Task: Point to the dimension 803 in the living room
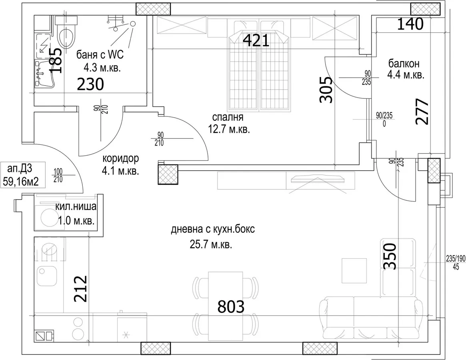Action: coord(231,307)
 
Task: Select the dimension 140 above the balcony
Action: coord(410,24)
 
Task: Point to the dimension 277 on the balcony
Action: coord(422,112)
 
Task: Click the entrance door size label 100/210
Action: coord(58,175)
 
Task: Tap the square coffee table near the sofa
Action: coord(354,270)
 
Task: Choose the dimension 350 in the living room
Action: coord(389,256)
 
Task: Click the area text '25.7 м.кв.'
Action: coord(211,245)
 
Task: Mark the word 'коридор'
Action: coord(121,158)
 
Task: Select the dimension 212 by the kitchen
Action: coord(80,289)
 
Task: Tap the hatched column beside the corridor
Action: coord(168,175)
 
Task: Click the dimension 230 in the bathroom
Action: coord(90,84)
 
